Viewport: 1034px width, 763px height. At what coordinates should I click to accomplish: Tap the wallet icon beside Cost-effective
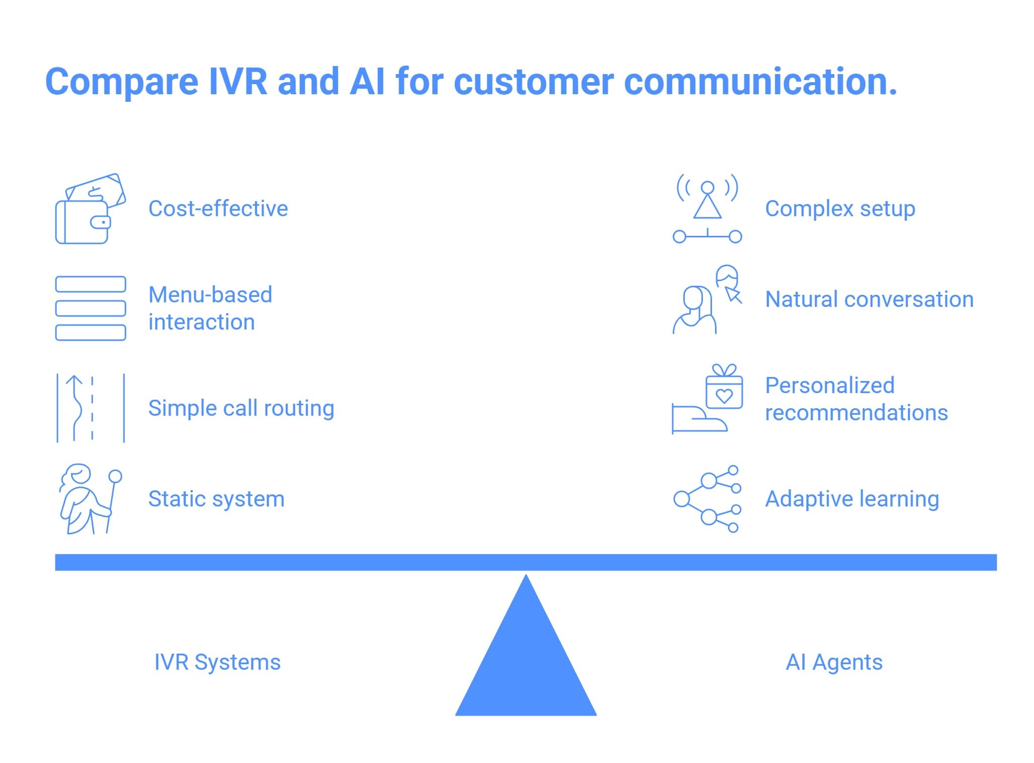pos(90,209)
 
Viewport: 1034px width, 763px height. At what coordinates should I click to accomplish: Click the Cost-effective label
pos(218,209)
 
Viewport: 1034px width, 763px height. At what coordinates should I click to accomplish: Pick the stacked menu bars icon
pos(90,308)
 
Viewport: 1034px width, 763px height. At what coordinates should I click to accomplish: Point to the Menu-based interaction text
pos(210,308)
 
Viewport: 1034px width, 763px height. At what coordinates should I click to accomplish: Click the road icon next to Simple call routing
pos(90,408)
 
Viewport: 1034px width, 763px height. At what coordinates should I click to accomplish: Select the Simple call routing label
pos(241,408)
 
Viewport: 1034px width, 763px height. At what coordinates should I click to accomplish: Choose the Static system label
pos(216,499)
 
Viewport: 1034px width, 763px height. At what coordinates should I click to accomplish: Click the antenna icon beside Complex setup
pos(707,209)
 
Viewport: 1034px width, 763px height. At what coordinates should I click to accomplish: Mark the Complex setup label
pos(839,209)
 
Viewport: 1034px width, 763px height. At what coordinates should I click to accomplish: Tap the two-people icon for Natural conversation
pos(707,299)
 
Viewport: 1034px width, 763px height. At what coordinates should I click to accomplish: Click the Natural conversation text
pos(869,299)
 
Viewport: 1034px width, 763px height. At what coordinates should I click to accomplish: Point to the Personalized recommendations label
pos(856,399)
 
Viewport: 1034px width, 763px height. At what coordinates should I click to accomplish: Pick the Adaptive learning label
pos(852,499)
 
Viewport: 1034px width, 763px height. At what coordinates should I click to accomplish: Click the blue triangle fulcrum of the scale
pos(526,665)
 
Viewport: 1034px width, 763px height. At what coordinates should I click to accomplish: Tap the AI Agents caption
pos(834,662)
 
